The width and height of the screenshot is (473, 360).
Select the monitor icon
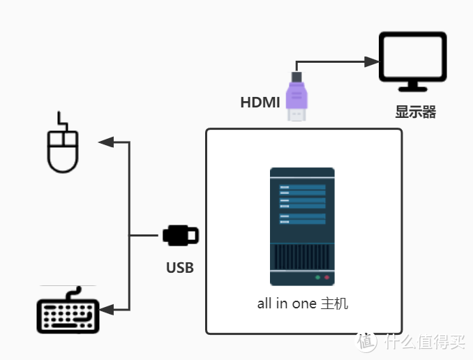click(412, 61)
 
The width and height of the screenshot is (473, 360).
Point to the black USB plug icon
click(181, 235)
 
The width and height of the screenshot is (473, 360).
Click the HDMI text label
click(260, 103)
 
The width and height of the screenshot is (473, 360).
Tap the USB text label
click(180, 267)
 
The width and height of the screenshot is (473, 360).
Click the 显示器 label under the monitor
click(415, 112)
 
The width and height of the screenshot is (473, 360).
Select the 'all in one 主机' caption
click(302, 303)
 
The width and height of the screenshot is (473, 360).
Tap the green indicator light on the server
click(317, 278)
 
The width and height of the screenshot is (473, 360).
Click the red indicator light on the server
click(326, 278)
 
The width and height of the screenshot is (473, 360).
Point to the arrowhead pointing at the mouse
click(106, 142)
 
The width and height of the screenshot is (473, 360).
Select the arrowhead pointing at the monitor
click(370, 61)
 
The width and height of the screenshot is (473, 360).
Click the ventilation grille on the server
click(302, 257)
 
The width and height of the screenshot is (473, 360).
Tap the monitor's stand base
click(412, 89)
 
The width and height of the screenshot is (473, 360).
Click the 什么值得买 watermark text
click(433, 342)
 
